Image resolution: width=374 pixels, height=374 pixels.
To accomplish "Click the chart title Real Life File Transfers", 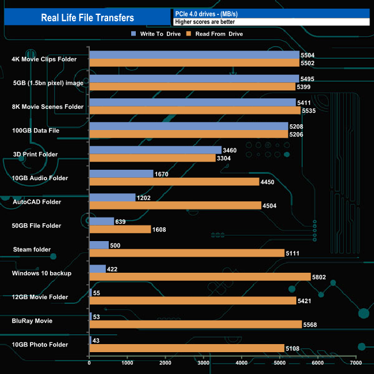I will coord(87,17).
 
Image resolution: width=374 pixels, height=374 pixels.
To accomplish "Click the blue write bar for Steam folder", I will coord(99,245).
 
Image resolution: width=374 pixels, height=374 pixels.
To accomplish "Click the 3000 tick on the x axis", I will coord(204,364).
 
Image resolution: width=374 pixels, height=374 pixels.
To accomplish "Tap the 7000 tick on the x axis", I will coord(356,364).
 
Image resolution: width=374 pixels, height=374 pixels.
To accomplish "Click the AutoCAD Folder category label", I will coord(37,202).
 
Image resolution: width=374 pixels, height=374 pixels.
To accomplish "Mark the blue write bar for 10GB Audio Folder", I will coord(121,174).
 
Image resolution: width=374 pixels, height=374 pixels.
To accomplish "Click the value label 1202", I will coord(144,197).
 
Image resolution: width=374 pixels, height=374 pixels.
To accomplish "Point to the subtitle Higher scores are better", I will coord(205,22).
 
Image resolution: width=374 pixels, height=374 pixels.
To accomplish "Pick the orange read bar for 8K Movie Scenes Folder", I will coord(194,110).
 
